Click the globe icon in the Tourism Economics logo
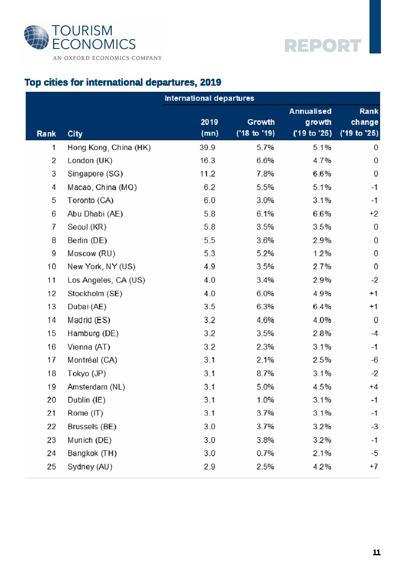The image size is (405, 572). (36, 38)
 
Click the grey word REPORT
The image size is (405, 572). (323, 46)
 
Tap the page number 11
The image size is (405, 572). (376, 552)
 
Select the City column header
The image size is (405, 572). (75, 134)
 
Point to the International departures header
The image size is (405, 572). (209, 98)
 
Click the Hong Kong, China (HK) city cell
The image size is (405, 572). (109, 148)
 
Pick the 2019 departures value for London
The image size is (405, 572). (207, 161)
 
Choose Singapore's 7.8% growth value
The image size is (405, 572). (265, 174)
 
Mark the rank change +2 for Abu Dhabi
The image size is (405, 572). (374, 214)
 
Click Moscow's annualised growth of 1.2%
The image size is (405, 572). (322, 253)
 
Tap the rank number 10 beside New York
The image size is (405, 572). (51, 267)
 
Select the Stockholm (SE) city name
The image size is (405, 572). (95, 294)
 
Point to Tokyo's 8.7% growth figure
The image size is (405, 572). (265, 373)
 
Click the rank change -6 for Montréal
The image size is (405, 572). (374, 360)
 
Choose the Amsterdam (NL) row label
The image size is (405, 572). (96, 387)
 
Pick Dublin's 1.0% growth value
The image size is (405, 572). (265, 400)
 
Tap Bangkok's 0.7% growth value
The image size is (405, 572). (265, 453)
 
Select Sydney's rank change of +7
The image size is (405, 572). (374, 466)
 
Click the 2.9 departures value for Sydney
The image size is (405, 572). (209, 467)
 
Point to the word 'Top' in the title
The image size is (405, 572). (33, 83)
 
